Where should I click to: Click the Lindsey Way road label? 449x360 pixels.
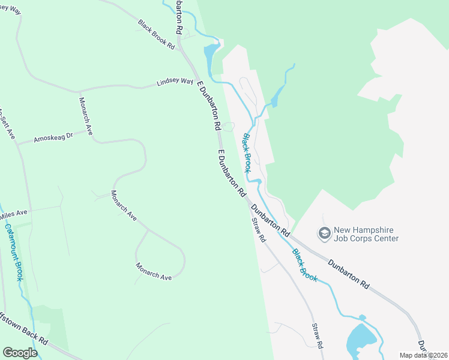click(x=175, y=82)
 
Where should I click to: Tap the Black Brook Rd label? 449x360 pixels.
click(x=156, y=35)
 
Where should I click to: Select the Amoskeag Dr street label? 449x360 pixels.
click(x=53, y=137)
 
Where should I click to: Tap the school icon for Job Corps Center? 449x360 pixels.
click(x=325, y=233)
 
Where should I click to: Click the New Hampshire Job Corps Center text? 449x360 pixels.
click(x=366, y=234)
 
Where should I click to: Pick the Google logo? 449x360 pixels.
click(x=20, y=353)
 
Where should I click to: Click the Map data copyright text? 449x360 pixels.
click(x=423, y=355)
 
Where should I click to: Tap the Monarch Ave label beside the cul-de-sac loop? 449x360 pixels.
click(x=153, y=271)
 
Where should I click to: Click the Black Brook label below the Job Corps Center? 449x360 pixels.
click(x=304, y=265)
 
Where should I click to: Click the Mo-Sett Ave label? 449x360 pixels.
click(x=6, y=122)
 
